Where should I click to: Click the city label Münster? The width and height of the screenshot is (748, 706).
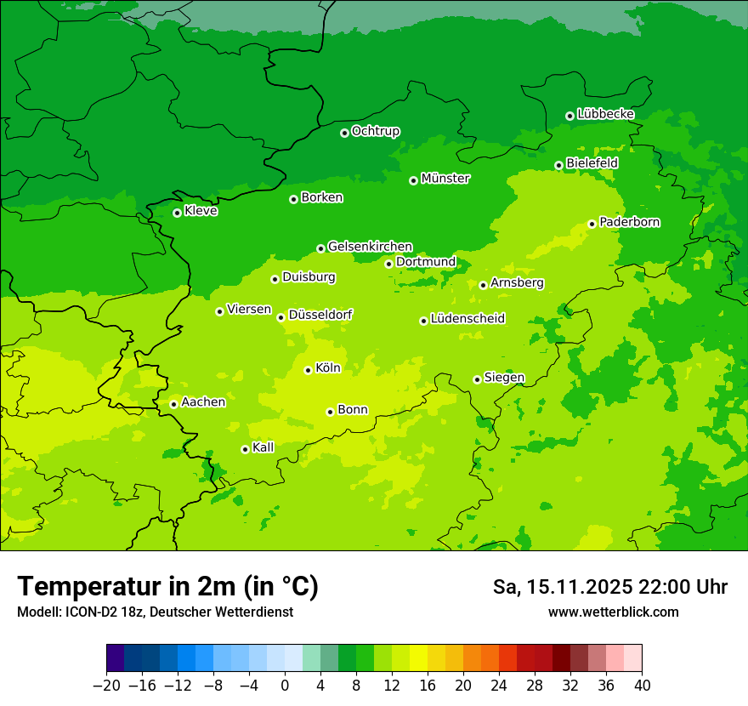pyautogui.click(x=445, y=179)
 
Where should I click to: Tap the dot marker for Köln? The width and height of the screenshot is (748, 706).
pyautogui.click(x=308, y=370)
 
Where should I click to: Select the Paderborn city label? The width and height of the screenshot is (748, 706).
pyautogui.click(x=629, y=222)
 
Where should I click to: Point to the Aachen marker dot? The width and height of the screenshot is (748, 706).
pyautogui.click(x=173, y=404)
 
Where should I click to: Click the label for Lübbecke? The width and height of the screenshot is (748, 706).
pyautogui.click(x=605, y=114)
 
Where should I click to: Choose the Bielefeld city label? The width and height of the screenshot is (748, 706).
pyautogui.click(x=592, y=162)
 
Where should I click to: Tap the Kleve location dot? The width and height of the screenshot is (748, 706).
pyautogui.click(x=177, y=213)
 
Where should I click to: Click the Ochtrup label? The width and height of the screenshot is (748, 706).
pyautogui.click(x=375, y=131)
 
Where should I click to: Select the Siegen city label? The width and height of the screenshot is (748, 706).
pyautogui.click(x=504, y=378)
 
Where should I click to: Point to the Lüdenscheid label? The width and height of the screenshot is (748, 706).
pyautogui.click(x=467, y=319)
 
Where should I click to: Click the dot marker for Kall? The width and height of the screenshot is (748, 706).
pyautogui.click(x=245, y=449)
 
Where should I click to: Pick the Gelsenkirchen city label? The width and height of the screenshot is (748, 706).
pyautogui.click(x=370, y=247)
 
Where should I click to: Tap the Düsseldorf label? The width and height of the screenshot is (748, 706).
pyautogui.click(x=320, y=315)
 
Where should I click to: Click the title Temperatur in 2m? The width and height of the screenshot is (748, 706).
pyautogui.click(x=167, y=587)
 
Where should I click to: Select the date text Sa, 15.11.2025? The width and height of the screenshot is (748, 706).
pyautogui.click(x=562, y=587)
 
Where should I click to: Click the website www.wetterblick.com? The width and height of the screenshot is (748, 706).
pyautogui.click(x=613, y=612)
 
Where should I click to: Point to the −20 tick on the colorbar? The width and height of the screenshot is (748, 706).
pyautogui.click(x=106, y=686)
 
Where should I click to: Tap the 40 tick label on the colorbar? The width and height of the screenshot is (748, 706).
pyautogui.click(x=642, y=686)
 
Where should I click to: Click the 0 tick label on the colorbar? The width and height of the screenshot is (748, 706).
pyautogui.click(x=285, y=686)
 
